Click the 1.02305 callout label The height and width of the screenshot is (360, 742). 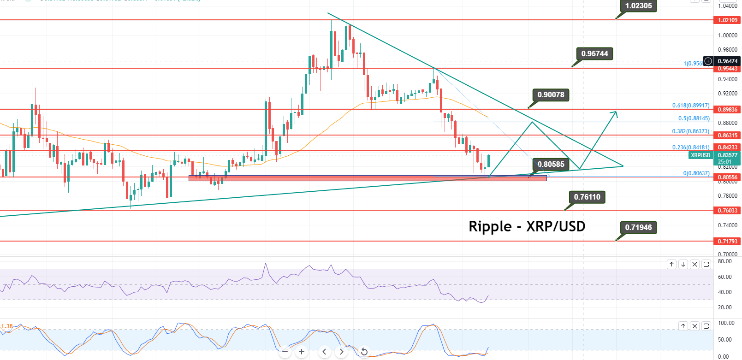[x=638, y=6]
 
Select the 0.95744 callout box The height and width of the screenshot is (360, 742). [x=594, y=53]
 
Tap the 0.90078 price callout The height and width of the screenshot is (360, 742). [x=551, y=95]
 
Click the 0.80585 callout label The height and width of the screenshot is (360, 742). [x=551, y=164]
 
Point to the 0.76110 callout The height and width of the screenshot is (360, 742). [x=587, y=197]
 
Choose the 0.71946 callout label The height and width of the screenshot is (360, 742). [x=638, y=227]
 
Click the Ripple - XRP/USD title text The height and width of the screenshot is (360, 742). [x=527, y=226]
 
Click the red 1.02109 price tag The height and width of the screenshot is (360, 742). [x=727, y=20]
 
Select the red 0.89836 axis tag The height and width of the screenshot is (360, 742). [x=727, y=110]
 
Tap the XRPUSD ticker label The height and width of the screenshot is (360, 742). [x=700, y=155]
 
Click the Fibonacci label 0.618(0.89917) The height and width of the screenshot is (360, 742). [x=690, y=106]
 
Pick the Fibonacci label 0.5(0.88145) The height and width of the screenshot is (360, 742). [x=694, y=118]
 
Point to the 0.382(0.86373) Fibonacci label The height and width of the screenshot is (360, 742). [x=690, y=131]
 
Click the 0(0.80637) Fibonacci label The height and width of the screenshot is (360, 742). [x=696, y=173]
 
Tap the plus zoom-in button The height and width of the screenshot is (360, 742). [x=302, y=352]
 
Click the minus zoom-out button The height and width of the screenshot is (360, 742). [x=285, y=352]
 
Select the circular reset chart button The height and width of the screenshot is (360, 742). [x=364, y=352]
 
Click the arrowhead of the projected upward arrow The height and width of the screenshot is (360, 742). [x=615, y=112]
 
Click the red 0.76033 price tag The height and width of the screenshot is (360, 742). [x=727, y=211]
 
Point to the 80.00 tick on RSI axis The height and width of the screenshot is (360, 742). [x=725, y=261]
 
